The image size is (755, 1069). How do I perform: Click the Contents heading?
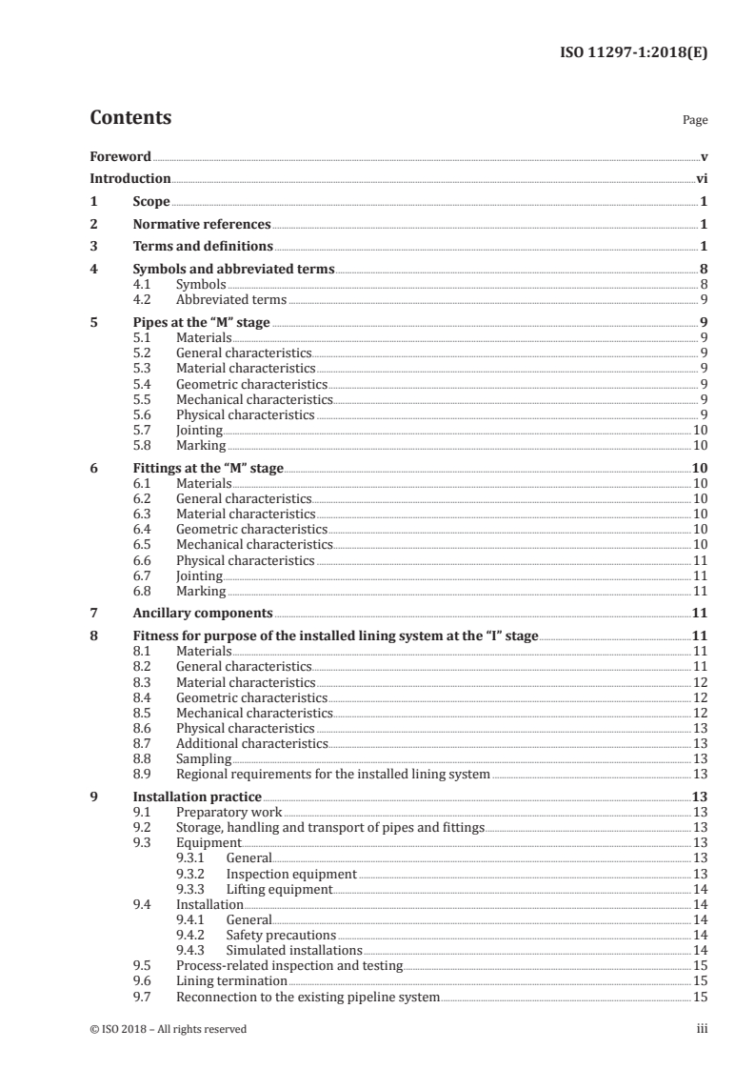click(x=130, y=118)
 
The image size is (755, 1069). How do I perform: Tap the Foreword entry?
click(x=120, y=156)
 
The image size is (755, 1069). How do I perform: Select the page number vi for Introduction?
click(x=701, y=178)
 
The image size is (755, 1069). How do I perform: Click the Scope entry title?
click(x=151, y=202)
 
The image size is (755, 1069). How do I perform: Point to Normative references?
click(x=202, y=225)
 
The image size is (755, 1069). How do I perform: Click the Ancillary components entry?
click(x=202, y=613)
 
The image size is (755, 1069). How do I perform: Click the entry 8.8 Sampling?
click(x=204, y=758)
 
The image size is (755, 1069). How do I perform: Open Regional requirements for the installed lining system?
click(x=333, y=775)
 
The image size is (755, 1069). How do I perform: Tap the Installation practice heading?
click(x=196, y=797)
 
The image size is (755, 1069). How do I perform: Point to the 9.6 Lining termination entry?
click(x=231, y=980)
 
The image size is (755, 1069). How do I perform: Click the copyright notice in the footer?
click(x=168, y=1029)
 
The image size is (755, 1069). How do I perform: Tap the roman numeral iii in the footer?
click(x=702, y=1029)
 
